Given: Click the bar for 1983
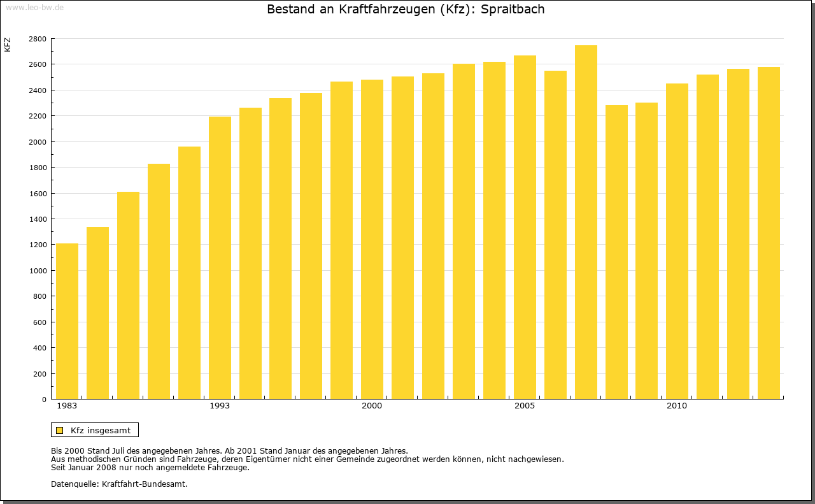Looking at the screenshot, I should pyautogui.click(x=67, y=321).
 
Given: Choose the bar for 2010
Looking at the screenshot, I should pyautogui.click(x=677, y=241).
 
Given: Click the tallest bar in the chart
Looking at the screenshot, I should pyautogui.click(x=586, y=222).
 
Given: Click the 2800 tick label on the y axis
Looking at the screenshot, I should pyautogui.click(x=38, y=39).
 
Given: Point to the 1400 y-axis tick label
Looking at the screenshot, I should pyautogui.click(x=38, y=219).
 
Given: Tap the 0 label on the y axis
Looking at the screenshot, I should pyautogui.click(x=43, y=400).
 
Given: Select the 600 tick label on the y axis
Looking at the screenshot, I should pyautogui.click(x=39, y=322).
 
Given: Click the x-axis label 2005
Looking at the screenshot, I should pyautogui.click(x=525, y=406).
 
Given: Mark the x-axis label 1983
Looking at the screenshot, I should pyautogui.click(x=67, y=406).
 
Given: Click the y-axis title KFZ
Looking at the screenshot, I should pyautogui.click(x=8, y=45).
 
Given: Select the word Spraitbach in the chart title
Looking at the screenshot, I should pyautogui.click(x=513, y=10).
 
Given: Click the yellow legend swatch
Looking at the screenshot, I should pyautogui.click(x=59, y=430).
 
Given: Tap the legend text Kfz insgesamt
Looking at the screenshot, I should pyautogui.click(x=101, y=430).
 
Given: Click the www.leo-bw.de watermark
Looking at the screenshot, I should pyautogui.click(x=34, y=7).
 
